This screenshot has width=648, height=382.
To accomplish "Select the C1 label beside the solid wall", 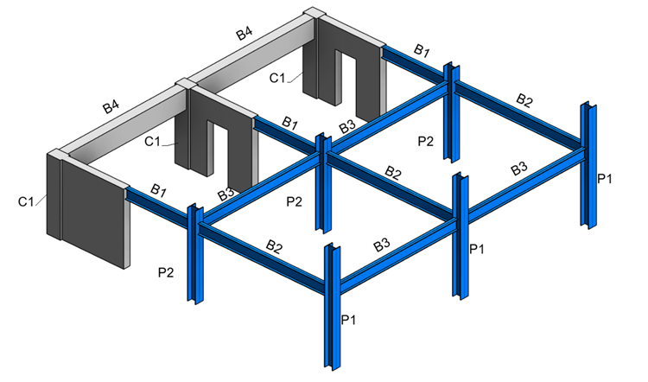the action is coord(26,201).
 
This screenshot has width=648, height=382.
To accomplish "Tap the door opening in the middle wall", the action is coord(220,156).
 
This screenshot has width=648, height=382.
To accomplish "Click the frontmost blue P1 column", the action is coord(333,306).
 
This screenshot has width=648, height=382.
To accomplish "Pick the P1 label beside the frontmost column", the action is coord(348,320).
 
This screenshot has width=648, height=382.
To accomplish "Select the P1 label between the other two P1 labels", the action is coord(477,248).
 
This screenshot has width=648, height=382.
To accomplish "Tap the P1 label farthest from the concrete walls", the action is coord(605,179).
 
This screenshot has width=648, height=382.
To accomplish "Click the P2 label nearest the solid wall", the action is coord(166,272).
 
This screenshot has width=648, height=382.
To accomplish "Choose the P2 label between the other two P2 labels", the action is coord(295,201).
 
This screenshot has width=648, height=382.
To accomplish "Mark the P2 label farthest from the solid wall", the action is coord(426,142).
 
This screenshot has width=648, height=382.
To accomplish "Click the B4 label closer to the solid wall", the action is coord(111,106).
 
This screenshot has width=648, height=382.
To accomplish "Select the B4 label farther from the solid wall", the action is coord(245,33).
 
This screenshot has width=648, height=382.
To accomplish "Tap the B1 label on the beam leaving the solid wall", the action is coord(158,191).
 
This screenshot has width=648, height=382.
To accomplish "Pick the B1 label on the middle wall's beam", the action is coord(289,123).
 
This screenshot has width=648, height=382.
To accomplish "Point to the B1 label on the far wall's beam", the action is coord(422,50).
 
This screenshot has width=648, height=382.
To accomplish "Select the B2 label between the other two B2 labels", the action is coord(393,172).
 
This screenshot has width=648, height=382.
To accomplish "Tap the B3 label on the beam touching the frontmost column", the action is coord(381,245).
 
